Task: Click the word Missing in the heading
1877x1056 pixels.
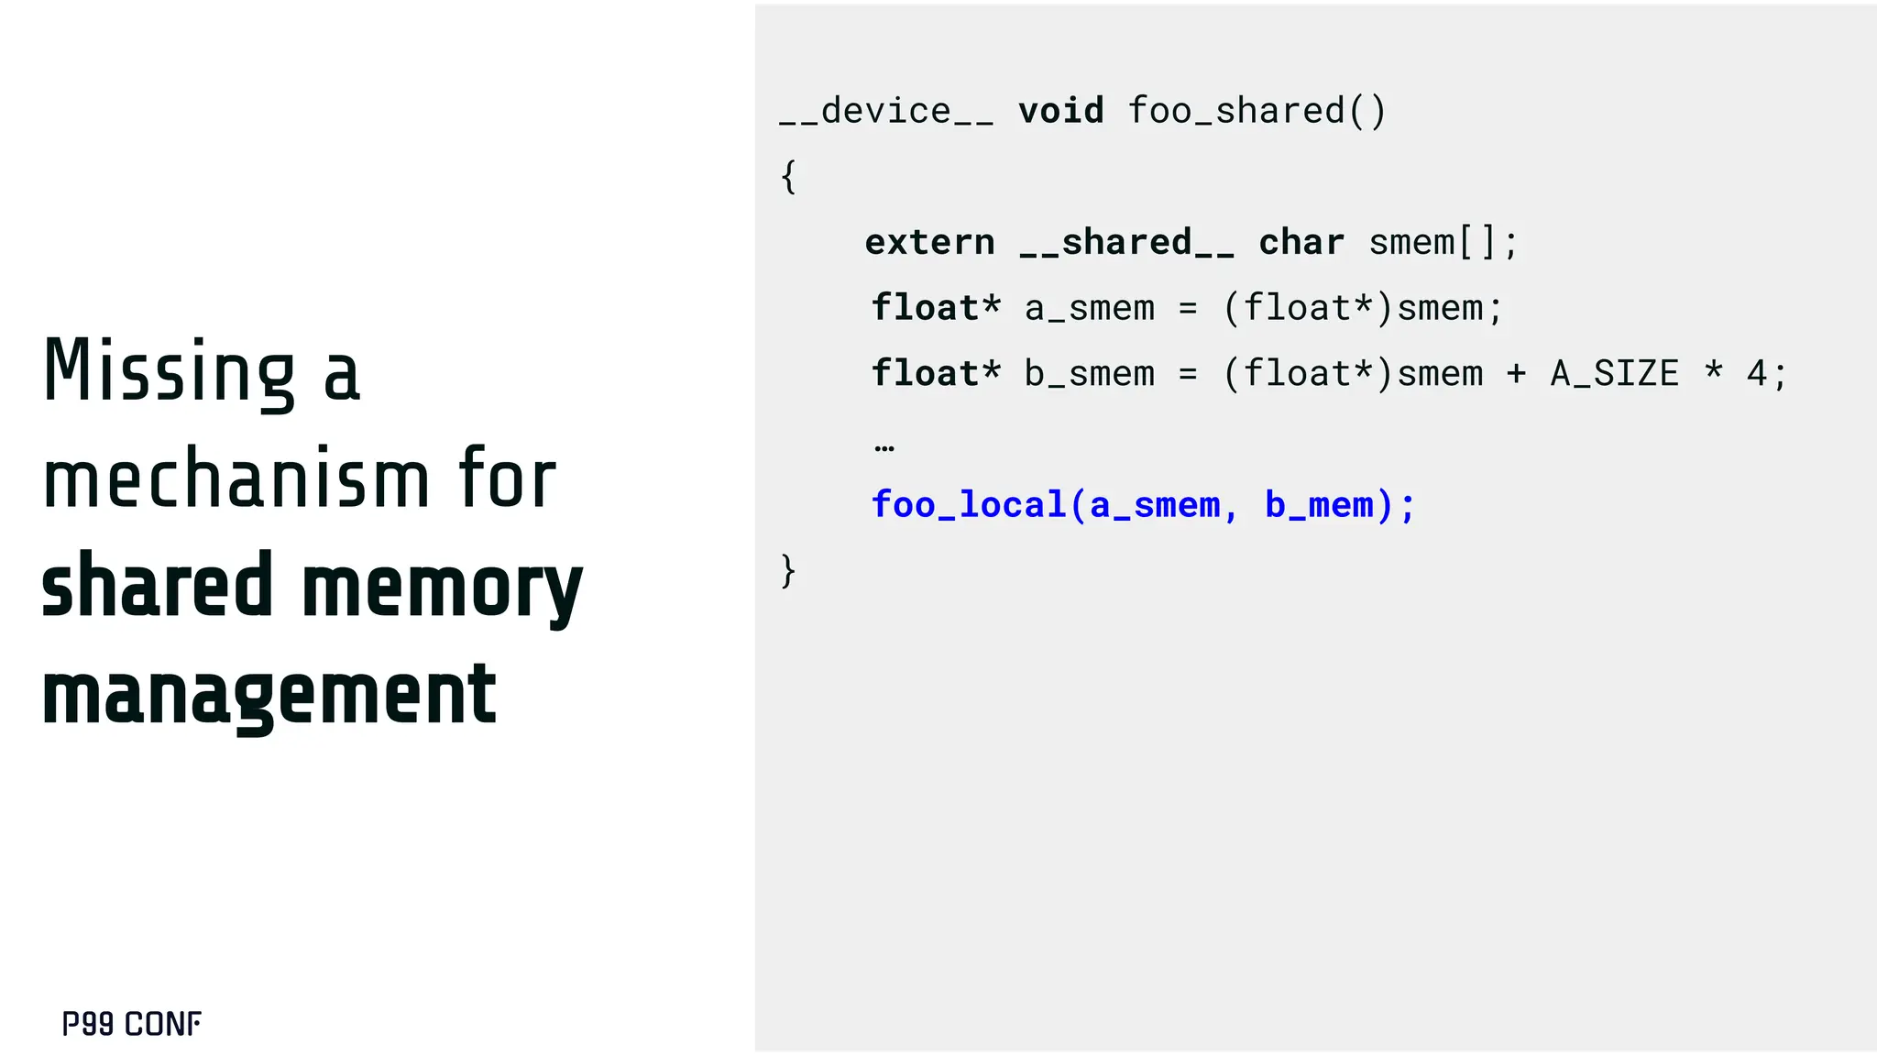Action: (170, 371)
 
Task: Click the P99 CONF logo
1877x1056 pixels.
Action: (132, 1024)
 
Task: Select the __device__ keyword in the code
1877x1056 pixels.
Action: (886, 111)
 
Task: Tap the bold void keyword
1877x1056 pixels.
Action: (1061, 111)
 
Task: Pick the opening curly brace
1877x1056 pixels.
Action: (788, 176)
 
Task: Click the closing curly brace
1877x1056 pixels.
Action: (788, 570)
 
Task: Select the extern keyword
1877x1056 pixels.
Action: (929, 242)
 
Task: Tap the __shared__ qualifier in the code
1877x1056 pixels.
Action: (1127, 242)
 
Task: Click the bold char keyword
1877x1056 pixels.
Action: (1301, 242)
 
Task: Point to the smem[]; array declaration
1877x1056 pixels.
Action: (1443, 242)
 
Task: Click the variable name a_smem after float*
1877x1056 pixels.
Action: (1090, 308)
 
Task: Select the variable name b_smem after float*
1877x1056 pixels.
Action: (1090, 374)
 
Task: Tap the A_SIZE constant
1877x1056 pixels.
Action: (1615, 374)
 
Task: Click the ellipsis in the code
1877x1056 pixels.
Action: (884, 447)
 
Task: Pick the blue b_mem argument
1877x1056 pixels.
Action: (1320, 505)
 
